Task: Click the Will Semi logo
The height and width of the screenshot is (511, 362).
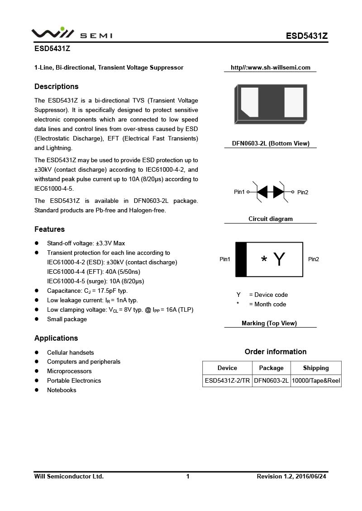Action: pos(71,34)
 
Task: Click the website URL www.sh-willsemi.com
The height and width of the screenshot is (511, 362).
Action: pos(271,68)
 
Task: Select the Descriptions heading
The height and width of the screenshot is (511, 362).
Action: pos(57,87)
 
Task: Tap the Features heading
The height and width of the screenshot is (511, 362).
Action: pos(50,230)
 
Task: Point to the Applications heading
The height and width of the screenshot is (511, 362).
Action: pos(56,338)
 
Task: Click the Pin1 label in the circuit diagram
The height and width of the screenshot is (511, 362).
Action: pos(239,192)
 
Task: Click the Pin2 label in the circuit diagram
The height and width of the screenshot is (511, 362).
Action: pos(303,192)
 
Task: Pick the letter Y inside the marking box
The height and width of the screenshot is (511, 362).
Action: pos(280,259)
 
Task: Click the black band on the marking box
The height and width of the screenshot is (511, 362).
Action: pos(241,259)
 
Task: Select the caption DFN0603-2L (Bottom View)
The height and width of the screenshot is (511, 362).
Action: pos(271,144)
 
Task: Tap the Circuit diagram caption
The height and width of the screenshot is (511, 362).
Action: pos(271,219)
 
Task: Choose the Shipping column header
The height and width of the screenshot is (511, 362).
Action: pos(316,368)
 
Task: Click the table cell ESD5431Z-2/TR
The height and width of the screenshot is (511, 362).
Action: pos(227,381)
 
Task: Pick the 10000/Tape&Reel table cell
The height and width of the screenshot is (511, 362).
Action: pos(316,381)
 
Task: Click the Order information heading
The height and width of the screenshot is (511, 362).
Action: pos(276,352)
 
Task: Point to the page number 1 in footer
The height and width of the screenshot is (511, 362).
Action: pos(188,476)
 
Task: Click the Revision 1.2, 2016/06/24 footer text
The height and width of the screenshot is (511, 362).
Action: pos(291,476)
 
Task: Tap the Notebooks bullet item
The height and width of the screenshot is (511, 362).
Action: pos(62,390)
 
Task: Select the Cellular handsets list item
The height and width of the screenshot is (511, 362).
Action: pos(71,352)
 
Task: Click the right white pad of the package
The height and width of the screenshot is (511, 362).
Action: pos(294,103)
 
